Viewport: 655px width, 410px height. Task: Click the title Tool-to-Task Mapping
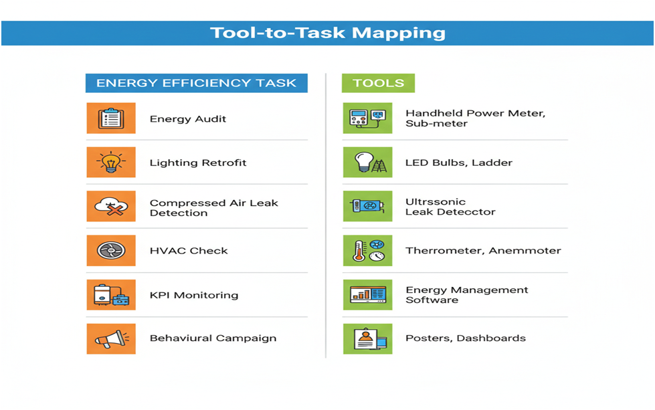pos(328,33)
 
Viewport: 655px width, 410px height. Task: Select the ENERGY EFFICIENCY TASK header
pos(196,83)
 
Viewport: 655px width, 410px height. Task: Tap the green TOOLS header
pos(378,83)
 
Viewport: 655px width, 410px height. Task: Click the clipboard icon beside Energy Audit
pos(111,118)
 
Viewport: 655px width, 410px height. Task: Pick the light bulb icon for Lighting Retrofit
pos(111,163)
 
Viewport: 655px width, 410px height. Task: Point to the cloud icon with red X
pos(111,206)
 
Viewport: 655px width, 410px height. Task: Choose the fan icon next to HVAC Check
pos(111,251)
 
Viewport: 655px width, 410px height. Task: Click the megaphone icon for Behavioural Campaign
pos(111,338)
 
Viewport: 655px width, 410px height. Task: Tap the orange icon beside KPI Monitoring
pos(111,295)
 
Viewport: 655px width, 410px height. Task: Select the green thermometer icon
pos(367,251)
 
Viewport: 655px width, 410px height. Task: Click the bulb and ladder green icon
pos(367,163)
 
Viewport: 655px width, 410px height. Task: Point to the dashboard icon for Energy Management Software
pos(367,295)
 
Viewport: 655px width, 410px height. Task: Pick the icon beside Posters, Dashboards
pos(367,338)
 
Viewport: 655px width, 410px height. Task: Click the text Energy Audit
pos(188,119)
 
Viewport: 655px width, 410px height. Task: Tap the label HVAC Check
pos(189,251)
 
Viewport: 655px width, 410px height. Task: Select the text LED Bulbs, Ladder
pos(459,163)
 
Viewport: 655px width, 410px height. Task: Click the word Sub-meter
pos(436,124)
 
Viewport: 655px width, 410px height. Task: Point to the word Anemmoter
pos(525,251)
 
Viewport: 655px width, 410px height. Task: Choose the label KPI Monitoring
pos(194,295)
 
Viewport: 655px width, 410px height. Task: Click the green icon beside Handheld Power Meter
pos(367,118)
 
